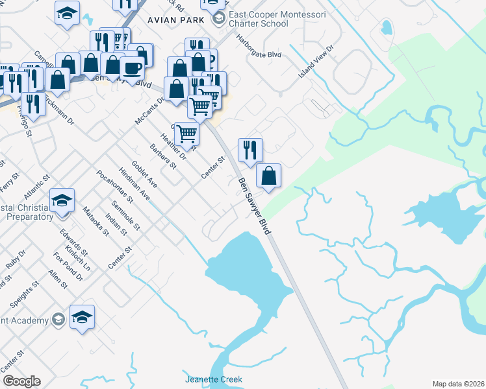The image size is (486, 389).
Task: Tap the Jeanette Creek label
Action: pyautogui.click(x=214, y=379)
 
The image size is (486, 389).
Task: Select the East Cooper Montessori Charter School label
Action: pyautogui.click(x=257, y=19)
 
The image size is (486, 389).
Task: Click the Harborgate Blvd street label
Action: pyautogui.click(x=258, y=54)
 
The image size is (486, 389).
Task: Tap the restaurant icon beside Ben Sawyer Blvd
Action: pyautogui.click(x=250, y=150)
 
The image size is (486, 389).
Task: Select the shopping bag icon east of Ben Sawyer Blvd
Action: pyautogui.click(x=268, y=175)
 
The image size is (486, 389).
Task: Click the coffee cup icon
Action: pyautogui.click(x=132, y=68)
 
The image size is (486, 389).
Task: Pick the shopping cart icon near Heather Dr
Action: pyautogui.click(x=186, y=134)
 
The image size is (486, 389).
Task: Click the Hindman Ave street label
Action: pyautogui.click(x=134, y=183)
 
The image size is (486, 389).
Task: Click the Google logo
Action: pyautogui.click(x=21, y=381)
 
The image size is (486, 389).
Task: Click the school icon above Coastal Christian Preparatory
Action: pyautogui.click(x=62, y=200)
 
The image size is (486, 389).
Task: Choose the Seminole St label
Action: pyautogui.click(x=125, y=215)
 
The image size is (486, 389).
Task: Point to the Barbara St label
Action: pyautogui.click(x=163, y=156)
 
